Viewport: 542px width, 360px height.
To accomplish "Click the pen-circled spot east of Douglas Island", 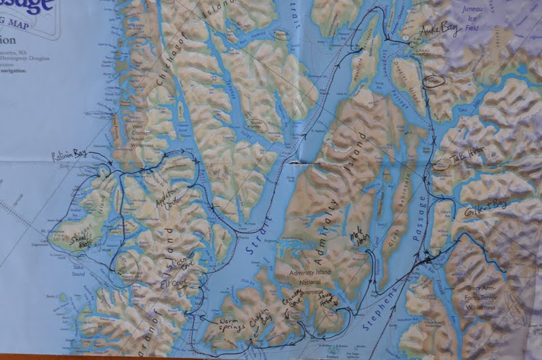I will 433,81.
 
